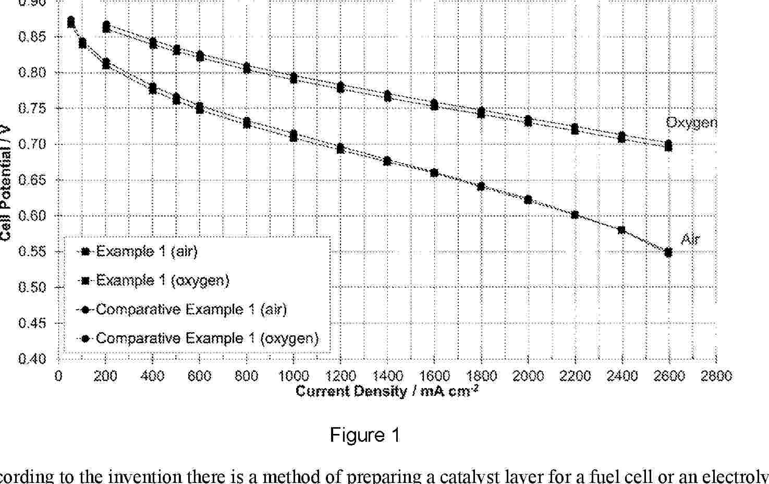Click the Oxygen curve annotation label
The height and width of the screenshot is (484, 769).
(691, 123)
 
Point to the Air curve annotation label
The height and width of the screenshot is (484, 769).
(690, 239)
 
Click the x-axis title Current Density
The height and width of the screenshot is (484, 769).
(386, 391)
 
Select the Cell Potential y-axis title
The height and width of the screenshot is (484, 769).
(6, 183)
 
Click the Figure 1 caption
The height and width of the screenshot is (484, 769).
(364, 435)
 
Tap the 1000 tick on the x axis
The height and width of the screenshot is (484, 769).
(294, 376)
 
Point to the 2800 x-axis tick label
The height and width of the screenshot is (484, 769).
(716, 376)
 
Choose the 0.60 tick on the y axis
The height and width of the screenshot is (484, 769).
(33, 216)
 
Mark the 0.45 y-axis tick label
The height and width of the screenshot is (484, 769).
(33, 323)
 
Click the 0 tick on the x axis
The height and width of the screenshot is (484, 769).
(58, 376)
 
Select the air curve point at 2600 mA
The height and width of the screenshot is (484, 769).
(668, 253)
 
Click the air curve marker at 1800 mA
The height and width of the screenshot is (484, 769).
(481, 186)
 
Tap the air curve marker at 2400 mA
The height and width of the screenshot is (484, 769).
(621, 230)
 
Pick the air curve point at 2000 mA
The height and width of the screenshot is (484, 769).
(528, 200)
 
